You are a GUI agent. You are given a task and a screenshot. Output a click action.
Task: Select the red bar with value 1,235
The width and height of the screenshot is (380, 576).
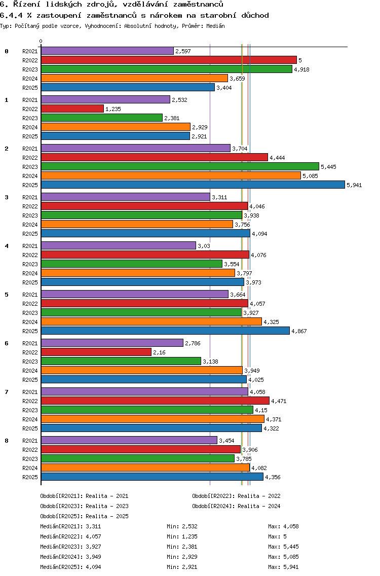[x=72, y=109]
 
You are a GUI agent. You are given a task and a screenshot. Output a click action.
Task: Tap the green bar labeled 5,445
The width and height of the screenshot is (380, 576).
[x=180, y=166]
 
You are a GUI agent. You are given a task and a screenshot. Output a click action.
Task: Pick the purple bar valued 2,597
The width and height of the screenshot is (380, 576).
[x=107, y=51]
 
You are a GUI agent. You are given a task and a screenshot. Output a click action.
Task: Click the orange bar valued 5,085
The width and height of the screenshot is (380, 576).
[x=171, y=175]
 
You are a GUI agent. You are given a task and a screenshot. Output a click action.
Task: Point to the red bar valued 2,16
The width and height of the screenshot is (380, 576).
[x=96, y=352]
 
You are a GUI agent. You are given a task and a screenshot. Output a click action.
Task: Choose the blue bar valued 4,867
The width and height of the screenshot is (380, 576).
[x=165, y=331]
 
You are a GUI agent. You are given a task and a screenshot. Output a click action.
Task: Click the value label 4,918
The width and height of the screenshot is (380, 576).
[x=301, y=69]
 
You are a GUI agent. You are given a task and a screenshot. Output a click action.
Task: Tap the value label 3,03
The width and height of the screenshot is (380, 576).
[x=204, y=246]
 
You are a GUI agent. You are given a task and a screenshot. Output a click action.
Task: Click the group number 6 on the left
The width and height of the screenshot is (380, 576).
[x=7, y=343]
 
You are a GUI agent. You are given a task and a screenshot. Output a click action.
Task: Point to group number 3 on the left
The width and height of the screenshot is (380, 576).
[x=7, y=197]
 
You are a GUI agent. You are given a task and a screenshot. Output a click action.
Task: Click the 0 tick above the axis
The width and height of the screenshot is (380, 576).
[x=41, y=42]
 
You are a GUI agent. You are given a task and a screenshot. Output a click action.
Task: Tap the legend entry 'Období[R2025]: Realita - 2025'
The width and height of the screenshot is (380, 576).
[x=84, y=516]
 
